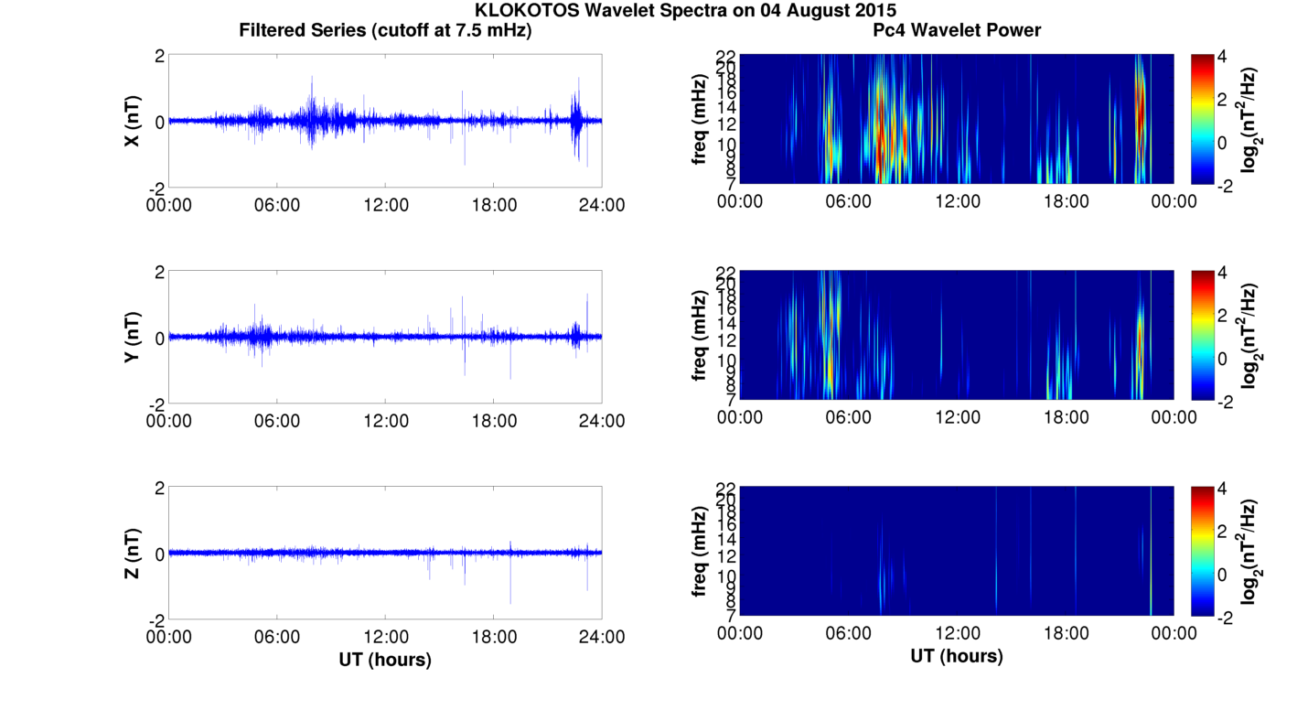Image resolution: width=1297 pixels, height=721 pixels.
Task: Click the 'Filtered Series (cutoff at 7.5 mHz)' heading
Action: (385, 30)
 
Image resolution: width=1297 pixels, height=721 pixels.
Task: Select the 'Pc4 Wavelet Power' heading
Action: (957, 30)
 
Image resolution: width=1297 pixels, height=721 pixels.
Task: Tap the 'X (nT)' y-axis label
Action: (133, 121)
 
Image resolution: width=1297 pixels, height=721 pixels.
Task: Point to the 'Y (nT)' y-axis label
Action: (133, 337)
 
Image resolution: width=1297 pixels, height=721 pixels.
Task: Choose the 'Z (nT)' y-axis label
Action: (133, 553)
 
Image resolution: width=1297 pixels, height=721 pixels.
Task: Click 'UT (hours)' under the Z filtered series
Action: (385, 659)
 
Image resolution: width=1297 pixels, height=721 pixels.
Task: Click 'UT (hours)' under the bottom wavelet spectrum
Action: (957, 656)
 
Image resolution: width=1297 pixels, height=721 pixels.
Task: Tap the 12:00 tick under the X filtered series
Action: (385, 205)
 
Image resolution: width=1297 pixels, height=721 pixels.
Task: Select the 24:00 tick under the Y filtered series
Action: (602, 421)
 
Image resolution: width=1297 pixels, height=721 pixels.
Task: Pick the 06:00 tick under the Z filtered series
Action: (277, 637)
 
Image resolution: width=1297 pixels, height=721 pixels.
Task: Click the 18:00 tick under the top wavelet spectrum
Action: (1066, 201)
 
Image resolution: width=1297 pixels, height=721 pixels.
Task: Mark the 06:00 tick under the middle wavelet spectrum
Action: (849, 417)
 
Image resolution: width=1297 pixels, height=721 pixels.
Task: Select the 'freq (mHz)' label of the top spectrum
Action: (700, 119)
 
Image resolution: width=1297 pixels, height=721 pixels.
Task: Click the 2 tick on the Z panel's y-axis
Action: (160, 489)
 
